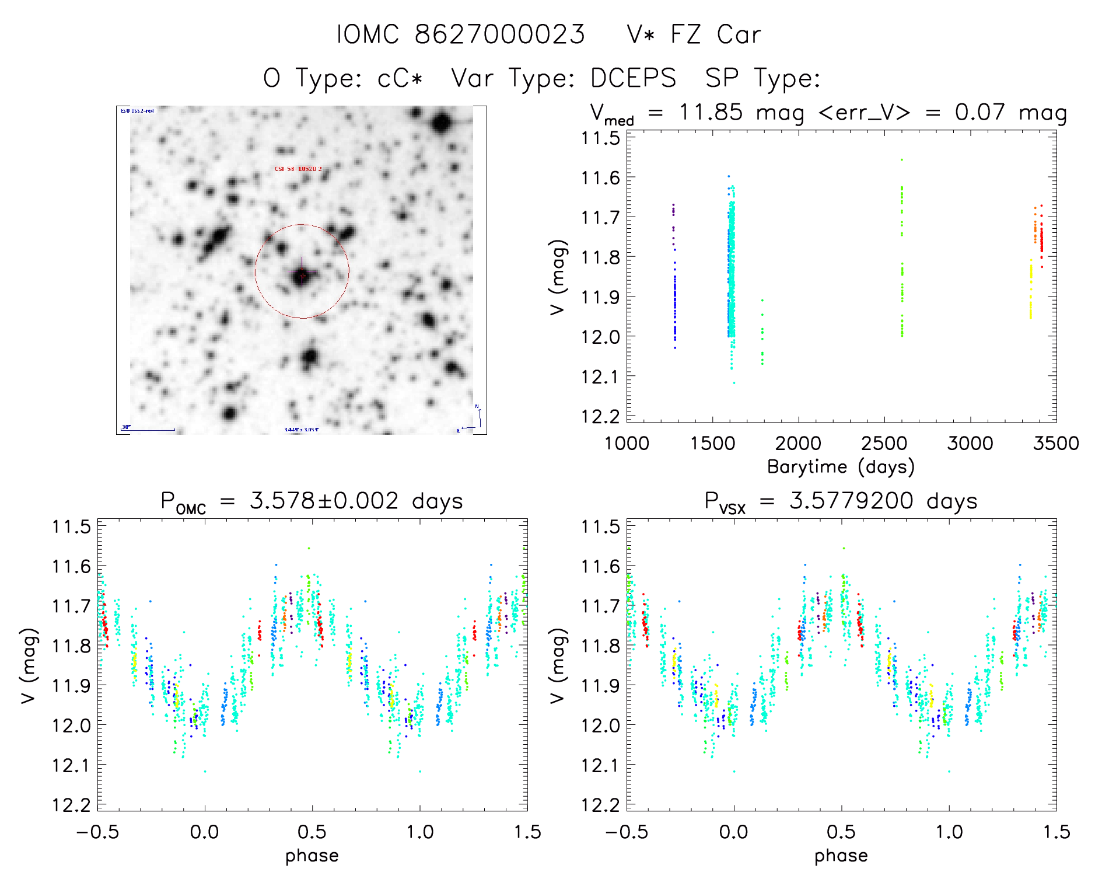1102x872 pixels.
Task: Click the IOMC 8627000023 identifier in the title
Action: pyautogui.click(x=461, y=34)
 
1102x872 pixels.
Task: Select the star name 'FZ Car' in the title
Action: pyautogui.click(x=715, y=34)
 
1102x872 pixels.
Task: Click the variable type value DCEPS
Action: pyautogui.click(x=633, y=78)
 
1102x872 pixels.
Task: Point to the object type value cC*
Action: pyautogui.click(x=400, y=78)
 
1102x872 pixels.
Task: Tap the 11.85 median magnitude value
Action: pyautogui.click(x=711, y=112)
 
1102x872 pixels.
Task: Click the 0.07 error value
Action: pyautogui.click(x=979, y=112)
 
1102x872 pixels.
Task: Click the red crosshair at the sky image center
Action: pyautogui.click(x=302, y=275)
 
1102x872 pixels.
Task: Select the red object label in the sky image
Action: pyautogui.click(x=298, y=169)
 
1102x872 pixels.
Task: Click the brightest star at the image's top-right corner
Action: pyautogui.click(x=442, y=123)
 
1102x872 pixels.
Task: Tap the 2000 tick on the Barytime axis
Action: pyautogui.click(x=797, y=444)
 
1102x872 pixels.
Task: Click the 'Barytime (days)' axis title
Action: pyautogui.click(x=841, y=467)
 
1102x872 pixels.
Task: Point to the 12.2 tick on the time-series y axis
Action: pyautogui.click(x=600, y=416)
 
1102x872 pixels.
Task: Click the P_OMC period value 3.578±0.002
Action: pyautogui.click(x=324, y=501)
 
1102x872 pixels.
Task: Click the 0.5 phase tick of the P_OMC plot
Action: pyautogui.click(x=312, y=832)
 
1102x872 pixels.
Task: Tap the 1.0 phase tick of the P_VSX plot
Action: pyautogui.click(x=949, y=832)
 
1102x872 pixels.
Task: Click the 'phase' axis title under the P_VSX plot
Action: pyautogui.click(x=841, y=856)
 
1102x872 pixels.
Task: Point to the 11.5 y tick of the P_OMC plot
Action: pyautogui.click(x=71, y=526)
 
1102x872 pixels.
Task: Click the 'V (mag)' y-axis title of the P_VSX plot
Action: pyautogui.click(x=558, y=665)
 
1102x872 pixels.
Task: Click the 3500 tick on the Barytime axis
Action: pyautogui.click(x=1055, y=444)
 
